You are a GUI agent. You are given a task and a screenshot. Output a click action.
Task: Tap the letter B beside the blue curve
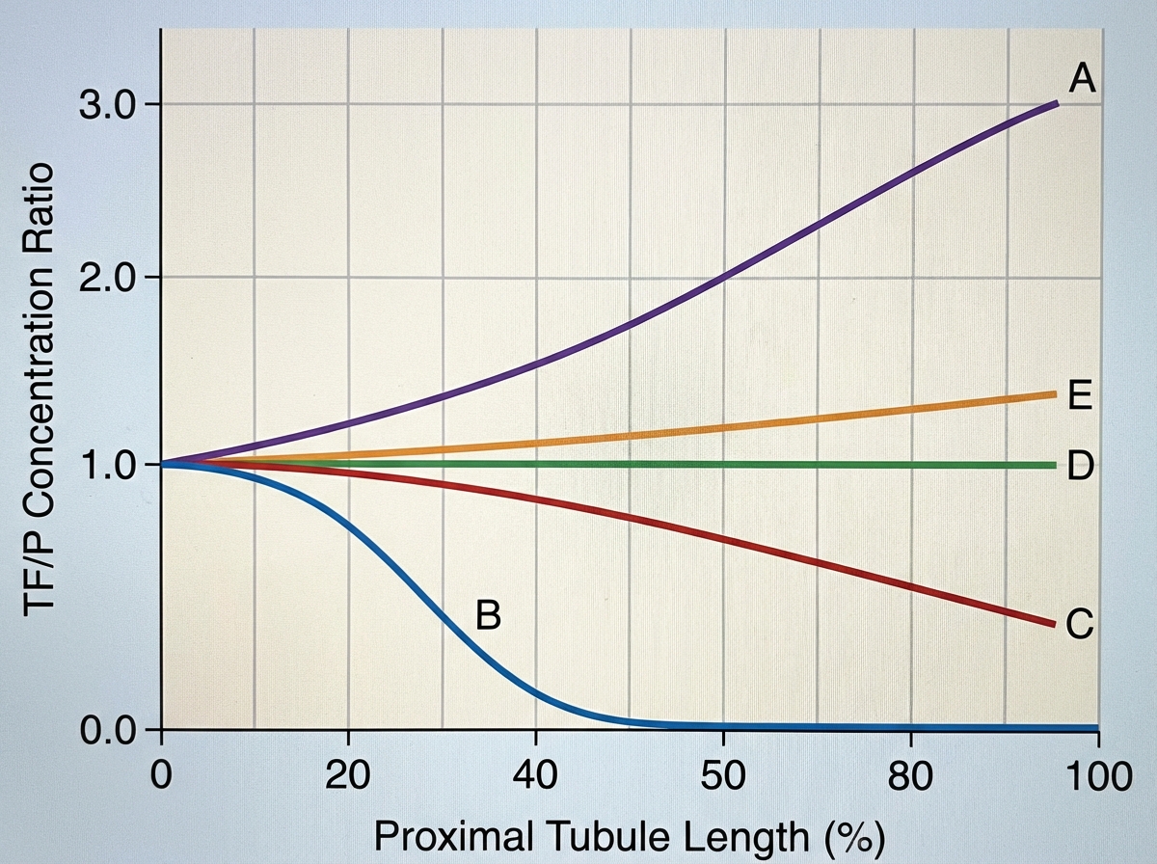(488, 614)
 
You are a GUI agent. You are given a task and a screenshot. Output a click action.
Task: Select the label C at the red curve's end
(1080, 626)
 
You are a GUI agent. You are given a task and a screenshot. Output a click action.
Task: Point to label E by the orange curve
(1079, 396)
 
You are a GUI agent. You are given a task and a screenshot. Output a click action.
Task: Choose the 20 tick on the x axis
(347, 774)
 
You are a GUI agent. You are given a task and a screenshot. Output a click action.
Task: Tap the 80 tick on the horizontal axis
(910, 774)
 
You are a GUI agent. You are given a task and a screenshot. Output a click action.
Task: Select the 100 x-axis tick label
(1097, 774)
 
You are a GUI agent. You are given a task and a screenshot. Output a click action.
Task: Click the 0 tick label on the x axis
(161, 774)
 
